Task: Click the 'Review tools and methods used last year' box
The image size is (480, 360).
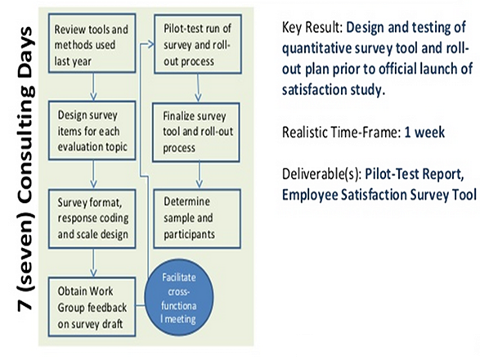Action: pos(92,43)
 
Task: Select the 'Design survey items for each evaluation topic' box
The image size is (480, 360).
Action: pos(92,131)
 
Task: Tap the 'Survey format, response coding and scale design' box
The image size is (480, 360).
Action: pos(92,218)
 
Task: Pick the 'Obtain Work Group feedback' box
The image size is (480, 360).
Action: pos(92,307)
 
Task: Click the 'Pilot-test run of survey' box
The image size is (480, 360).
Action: pos(198,44)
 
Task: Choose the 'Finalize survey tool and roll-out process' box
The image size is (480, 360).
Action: pos(196,133)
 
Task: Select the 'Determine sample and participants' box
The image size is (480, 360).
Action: pos(197,218)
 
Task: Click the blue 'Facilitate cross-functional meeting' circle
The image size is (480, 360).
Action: pos(179,298)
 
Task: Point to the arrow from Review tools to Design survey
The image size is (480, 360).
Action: pos(93,87)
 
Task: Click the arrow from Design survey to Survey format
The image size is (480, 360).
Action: pos(93,174)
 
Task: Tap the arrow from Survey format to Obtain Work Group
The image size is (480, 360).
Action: pos(93,263)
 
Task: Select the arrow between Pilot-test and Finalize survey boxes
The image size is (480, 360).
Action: pos(198,88)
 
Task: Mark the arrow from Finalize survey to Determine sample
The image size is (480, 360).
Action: pos(200,175)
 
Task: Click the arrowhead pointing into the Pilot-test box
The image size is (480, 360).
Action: pos(151,44)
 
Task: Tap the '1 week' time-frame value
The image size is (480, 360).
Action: pos(424,133)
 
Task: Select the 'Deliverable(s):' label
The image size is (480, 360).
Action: pos(321,174)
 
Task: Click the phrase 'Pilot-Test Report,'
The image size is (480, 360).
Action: pos(415,174)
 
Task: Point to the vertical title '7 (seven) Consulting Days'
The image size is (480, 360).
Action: pos(25,169)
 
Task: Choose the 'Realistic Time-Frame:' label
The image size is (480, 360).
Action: pos(341,133)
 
